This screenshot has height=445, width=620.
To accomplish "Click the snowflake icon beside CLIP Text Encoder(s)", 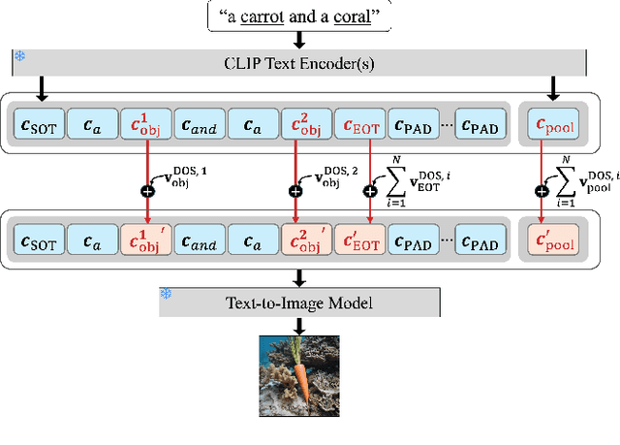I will [x=19, y=56].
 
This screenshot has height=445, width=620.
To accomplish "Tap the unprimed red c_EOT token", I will [x=359, y=125].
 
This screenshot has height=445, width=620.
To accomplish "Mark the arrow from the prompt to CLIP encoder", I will [x=299, y=39].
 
